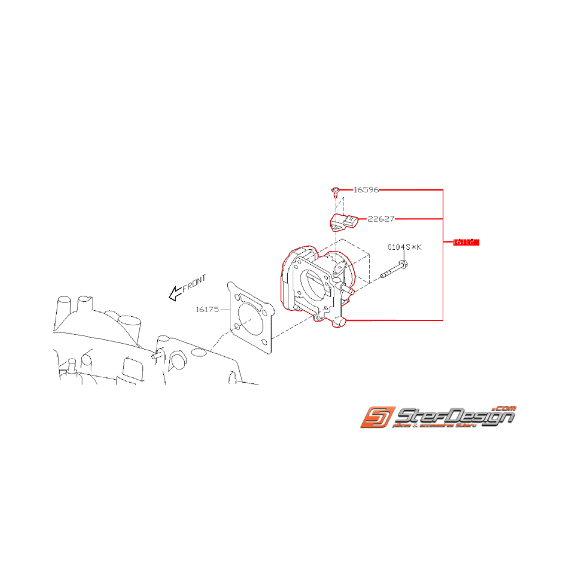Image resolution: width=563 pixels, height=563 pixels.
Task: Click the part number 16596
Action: pyautogui.click(x=366, y=190)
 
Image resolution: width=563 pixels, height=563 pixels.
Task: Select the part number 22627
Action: pyautogui.click(x=381, y=219)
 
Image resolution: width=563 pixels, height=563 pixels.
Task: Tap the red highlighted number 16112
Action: pyautogui.click(x=466, y=242)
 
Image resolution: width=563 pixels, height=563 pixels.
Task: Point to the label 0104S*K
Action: pyautogui.click(x=405, y=247)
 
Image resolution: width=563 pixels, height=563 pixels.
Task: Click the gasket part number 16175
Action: pyautogui.click(x=207, y=310)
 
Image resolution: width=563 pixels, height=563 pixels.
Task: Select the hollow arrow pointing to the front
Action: pyautogui.click(x=175, y=294)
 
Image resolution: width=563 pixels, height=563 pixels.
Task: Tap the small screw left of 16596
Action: pyautogui.click(x=334, y=192)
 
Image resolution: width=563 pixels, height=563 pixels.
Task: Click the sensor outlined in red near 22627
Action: pyautogui.click(x=344, y=222)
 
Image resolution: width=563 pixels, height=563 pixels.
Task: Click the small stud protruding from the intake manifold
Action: pyautogui.click(x=155, y=355)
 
